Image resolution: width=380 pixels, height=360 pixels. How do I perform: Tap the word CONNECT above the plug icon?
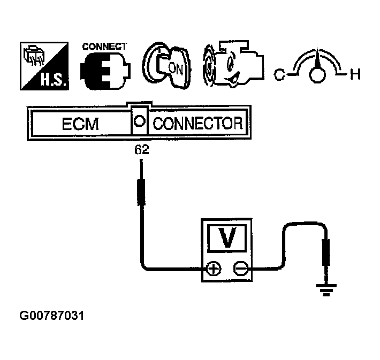(104, 47)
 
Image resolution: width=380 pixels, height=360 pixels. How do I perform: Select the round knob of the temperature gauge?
(316, 75)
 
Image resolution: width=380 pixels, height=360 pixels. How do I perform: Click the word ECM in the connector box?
(80, 125)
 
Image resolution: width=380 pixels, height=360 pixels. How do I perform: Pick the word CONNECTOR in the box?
(197, 125)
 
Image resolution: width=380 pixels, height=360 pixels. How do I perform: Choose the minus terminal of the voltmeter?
(240, 269)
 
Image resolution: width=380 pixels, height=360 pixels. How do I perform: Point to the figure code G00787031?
(52, 316)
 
